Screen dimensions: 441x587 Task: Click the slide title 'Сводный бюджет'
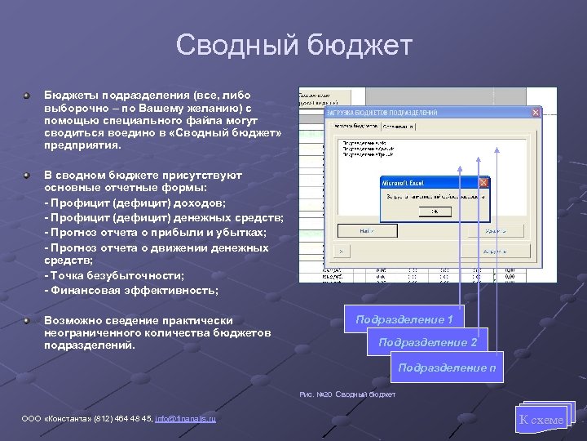tap(293, 46)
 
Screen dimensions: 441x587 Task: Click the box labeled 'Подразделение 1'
tap(404, 319)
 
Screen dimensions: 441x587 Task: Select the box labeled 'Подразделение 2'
tap(427, 342)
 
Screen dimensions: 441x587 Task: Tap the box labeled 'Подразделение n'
tap(447, 367)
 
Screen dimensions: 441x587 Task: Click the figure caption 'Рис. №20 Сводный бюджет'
tap(347, 394)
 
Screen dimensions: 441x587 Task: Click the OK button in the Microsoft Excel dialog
tap(435, 211)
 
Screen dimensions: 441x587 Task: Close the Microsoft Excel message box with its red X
tap(483, 184)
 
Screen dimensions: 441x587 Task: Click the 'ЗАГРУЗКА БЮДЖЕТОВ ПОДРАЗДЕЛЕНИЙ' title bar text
tap(383, 113)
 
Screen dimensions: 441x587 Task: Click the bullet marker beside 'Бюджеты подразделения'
tap(27, 95)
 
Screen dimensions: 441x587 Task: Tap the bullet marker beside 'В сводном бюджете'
tap(27, 175)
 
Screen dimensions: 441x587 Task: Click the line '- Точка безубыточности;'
tap(114, 275)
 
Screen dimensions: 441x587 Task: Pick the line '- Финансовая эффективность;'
tap(130, 290)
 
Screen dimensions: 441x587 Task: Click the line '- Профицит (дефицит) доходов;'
tap(135, 203)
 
